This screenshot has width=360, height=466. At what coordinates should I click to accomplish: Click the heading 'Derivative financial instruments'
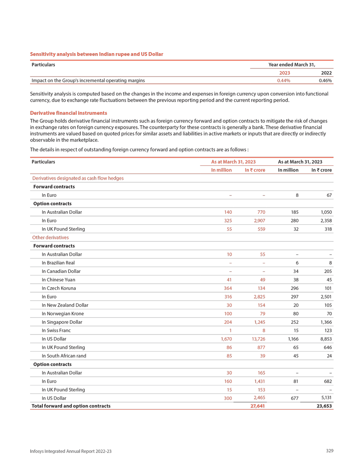(x=68, y=112)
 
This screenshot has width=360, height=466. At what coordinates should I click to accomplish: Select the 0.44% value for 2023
(x=283, y=81)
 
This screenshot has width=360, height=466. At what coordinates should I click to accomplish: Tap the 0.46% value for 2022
(x=325, y=81)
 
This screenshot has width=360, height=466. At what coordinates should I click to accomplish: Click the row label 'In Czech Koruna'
(x=59, y=288)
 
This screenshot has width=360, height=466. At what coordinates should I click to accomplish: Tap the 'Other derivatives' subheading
(x=49, y=237)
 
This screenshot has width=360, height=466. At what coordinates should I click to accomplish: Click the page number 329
(x=329, y=451)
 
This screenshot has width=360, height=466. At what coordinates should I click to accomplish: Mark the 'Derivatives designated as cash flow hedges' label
(x=77, y=178)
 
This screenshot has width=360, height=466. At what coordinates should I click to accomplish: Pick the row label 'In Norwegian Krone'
(x=63, y=313)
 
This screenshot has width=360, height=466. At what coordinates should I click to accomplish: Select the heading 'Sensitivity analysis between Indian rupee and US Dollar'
(x=96, y=54)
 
